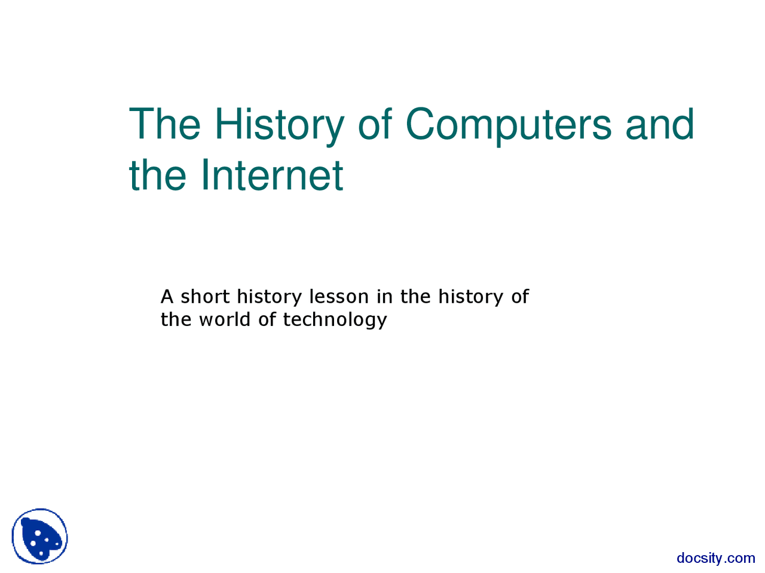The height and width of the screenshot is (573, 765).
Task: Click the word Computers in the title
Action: [x=508, y=124]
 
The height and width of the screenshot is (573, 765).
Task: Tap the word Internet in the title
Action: [x=271, y=175]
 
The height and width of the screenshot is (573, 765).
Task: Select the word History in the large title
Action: [x=279, y=124]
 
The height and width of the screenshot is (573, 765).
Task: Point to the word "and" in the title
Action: [x=660, y=124]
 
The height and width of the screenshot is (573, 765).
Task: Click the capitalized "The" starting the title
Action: [x=165, y=124]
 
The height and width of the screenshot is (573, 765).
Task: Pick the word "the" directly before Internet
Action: [x=157, y=175]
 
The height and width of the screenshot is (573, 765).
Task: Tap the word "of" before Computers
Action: [x=375, y=124]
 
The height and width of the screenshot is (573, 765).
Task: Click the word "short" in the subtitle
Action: [x=205, y=296]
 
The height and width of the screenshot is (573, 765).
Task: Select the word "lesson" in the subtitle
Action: [x=339, y=296]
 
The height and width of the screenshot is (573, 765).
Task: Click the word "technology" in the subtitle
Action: [x=335, y=320]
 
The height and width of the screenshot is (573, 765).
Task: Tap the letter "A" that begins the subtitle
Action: [x=167, y=296]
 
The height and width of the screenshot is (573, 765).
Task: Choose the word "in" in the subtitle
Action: [x=384, y=296]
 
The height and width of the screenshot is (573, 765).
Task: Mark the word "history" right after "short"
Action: [x=270, y=297]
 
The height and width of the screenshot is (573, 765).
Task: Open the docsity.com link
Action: [x=715, y=558]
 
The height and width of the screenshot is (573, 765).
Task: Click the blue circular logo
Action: [x=40, y=537]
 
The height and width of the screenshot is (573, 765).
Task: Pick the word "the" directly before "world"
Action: [x=176, y=319]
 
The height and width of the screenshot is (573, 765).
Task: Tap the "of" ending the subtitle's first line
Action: [x=520, y=296]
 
